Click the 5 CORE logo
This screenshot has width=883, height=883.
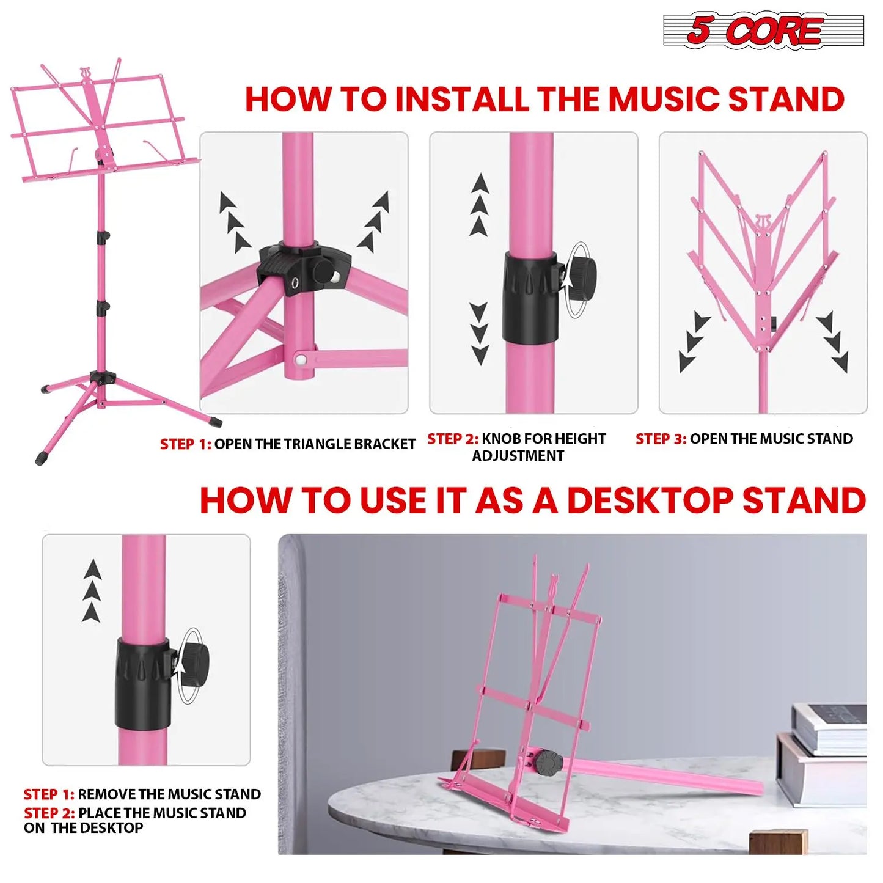point(763,31)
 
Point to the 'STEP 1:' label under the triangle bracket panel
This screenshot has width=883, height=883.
point(185,444)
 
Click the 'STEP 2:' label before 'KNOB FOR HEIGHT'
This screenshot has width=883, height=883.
point(452,439)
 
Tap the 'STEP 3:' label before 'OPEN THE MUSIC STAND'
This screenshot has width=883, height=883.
point(661,439)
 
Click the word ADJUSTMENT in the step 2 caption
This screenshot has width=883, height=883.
point(518,456)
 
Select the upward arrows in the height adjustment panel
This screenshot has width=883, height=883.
point(480,205)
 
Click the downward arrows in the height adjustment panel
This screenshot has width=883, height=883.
point(480,333)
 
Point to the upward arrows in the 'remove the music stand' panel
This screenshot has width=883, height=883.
point(92,590)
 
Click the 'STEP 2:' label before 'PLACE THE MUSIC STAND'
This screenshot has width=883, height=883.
point(49,813)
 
